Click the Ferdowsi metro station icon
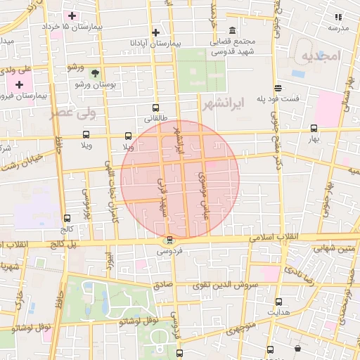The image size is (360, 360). [169, 240]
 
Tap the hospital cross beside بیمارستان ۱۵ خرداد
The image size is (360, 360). [72, 15]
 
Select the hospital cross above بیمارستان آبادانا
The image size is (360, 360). [155, 32]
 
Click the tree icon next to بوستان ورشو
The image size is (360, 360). [95, 72]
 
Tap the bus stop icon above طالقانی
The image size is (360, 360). [155, 108]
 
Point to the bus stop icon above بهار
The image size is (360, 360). [313, 128]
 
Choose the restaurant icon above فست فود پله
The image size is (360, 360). [278, 89]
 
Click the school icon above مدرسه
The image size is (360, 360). [338, 17]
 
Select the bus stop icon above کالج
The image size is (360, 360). [67, 219]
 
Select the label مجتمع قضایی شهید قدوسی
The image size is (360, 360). [234, 46]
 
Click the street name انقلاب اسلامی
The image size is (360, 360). [277, 238]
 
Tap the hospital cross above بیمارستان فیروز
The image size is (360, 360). [19, 84]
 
